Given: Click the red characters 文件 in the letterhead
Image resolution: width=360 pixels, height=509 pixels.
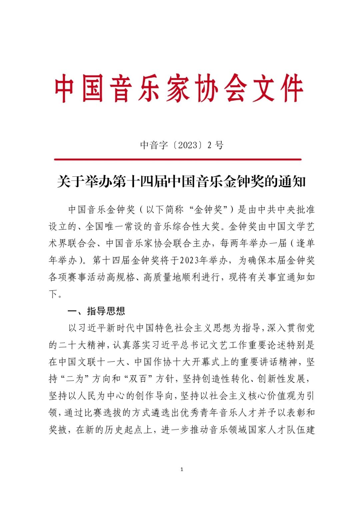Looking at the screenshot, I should click(x=277, y=88).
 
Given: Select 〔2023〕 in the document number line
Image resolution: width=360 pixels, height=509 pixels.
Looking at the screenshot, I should click(x=187, y=145).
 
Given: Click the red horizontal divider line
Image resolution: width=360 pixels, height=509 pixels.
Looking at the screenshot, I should click(x=178, y=159).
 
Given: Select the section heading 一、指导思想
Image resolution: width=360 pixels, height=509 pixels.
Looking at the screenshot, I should click(x=96, y=311).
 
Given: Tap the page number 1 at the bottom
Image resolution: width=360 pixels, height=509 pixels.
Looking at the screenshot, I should click(x=182, y=469).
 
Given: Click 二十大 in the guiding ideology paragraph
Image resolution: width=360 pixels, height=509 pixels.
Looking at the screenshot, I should click(x=72, y=345).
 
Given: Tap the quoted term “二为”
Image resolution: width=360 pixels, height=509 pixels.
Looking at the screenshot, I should click(x=75, y=379).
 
